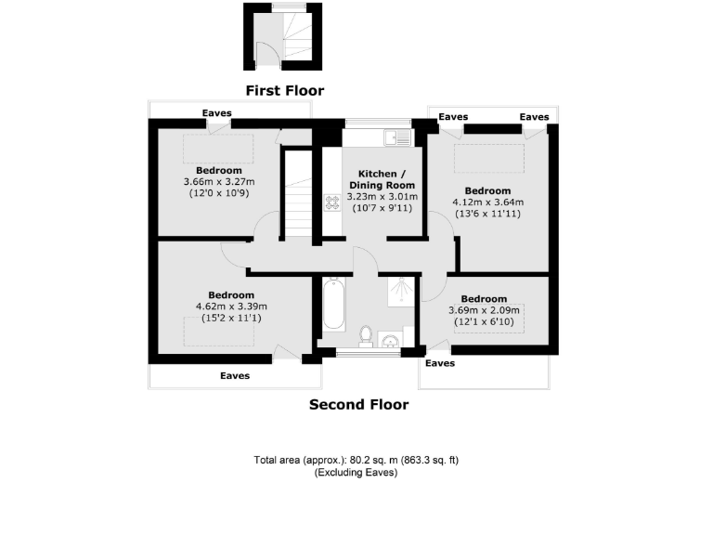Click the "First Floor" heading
(284, 90)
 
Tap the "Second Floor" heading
(357, 404)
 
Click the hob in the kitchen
(331, 202)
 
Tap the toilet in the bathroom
(367, 333)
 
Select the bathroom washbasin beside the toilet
(390, 337)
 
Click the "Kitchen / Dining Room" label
(382, 179)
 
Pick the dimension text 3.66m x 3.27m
(219, 182)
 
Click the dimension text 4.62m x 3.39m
(231, 307)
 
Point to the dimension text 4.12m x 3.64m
(487, 202)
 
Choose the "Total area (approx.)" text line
(356, 460)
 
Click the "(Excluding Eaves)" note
(356, 472)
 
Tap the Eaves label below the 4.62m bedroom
(235, 376)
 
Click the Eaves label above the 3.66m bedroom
(217, 113)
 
